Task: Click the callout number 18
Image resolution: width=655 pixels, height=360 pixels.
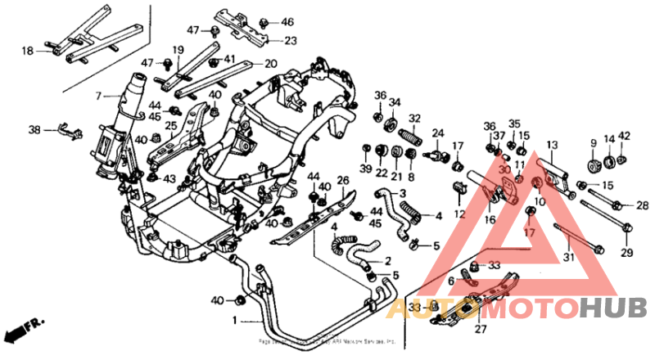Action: (x=27, y=51)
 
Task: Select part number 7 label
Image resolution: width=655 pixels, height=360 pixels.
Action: (x=97, y=96)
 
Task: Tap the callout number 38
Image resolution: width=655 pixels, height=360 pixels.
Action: (x=34, y=129)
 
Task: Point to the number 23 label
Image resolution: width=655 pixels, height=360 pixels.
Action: (x=291, y=39)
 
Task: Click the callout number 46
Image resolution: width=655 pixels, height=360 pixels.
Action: (x=287, y=21)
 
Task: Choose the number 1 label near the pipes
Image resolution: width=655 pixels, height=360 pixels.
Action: (x=235, y=319)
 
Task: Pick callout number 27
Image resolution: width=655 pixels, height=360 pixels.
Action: (x=481, y=330)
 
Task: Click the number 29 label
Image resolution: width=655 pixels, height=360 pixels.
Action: (x=626, y=253)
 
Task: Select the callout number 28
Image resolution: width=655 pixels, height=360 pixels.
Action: (x=642, y=205)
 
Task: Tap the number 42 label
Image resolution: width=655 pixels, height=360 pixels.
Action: (x=625, y=137)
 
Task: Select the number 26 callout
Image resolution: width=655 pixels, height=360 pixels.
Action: (x=343, y=180)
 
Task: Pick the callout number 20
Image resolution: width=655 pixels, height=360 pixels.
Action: (x=270, y=63)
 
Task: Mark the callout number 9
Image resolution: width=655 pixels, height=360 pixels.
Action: (x=593, y=144)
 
